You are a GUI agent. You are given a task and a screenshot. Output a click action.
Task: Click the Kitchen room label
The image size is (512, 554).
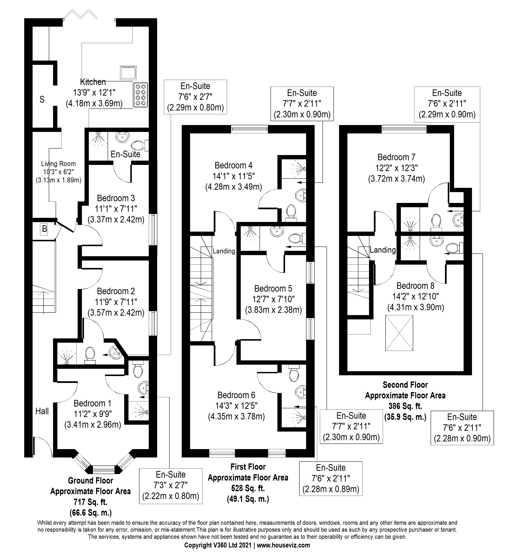(93, 82)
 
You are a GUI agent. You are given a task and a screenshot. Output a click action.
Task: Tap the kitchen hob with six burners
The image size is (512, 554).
(140, 95)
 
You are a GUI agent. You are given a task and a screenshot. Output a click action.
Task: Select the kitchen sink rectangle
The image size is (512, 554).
(128, 73)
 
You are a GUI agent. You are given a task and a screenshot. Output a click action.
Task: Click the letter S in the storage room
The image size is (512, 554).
(42, 99)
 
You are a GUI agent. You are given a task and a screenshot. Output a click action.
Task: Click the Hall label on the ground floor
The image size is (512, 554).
(42, 411)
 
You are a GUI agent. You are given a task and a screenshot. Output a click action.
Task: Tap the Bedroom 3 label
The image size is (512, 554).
(116, 198)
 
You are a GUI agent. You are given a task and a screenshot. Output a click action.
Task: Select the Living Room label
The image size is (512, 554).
(58, 164)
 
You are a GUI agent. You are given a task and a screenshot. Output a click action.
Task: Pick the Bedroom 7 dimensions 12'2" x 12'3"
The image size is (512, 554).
(396, 168)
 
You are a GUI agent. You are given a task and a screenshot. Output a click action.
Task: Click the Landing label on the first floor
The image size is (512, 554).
(224, 251)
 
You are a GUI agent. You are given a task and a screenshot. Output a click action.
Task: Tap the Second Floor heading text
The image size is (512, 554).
(405, 385)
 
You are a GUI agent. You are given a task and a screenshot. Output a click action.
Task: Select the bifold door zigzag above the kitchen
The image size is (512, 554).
(80, 14)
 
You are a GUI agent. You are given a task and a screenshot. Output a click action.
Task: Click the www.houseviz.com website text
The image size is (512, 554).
(283, 545)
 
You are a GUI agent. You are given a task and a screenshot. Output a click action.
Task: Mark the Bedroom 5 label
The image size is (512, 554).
(273, 289)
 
